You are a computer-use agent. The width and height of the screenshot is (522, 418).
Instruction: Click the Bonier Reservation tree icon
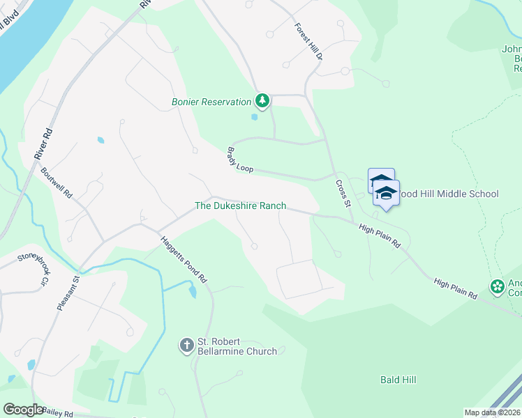coord(262,102)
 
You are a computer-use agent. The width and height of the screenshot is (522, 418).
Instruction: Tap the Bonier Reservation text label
coord(211,102)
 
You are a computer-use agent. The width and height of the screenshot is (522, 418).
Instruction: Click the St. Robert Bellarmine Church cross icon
coord(186,345)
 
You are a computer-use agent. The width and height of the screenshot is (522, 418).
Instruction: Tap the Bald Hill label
coord(398,380)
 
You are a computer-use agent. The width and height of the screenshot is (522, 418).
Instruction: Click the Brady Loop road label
coord(239,160)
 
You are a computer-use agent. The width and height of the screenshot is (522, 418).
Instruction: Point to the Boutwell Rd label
coord(57,183)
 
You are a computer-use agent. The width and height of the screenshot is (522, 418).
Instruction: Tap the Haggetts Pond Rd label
coord(184,258)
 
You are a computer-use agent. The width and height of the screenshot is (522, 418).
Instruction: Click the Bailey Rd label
coord(57,412)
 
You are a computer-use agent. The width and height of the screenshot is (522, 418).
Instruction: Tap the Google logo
coord(23,410)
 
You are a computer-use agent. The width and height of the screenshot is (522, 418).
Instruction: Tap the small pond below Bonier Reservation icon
coord(254,117)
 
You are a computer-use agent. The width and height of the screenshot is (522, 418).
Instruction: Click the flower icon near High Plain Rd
coord(497,286)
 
